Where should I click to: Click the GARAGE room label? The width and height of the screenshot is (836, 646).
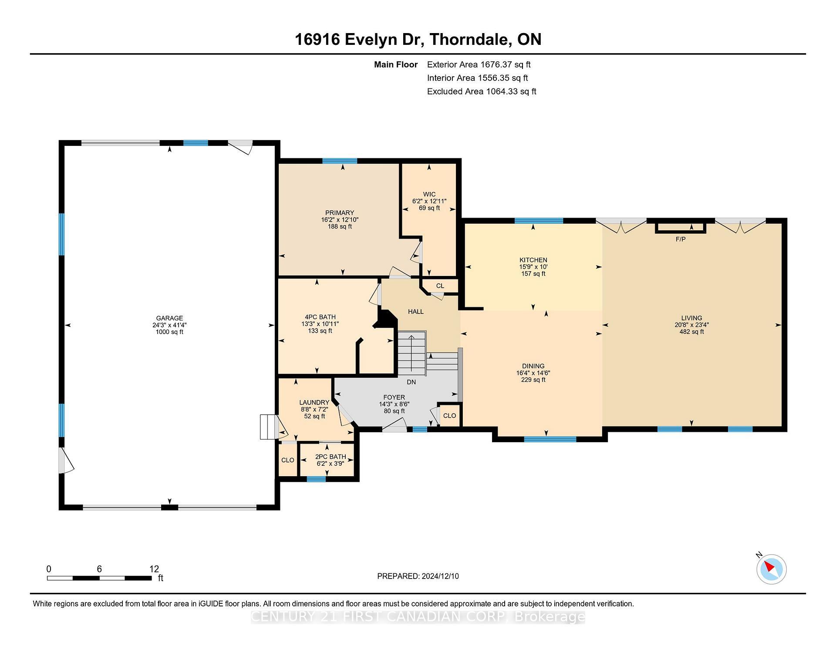click(169, 318)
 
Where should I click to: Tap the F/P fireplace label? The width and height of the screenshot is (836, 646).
click(680, 239)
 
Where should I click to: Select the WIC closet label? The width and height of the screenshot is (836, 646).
click(429, 195)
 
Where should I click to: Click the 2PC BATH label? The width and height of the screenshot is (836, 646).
click(330, 457)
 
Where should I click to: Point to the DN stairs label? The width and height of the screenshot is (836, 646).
click(411, 382)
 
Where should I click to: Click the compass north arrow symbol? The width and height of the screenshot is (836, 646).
click(771, 569)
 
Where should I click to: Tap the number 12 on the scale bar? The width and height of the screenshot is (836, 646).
click(154, 569)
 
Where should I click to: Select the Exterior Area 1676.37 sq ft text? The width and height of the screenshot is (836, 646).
click(479, 64)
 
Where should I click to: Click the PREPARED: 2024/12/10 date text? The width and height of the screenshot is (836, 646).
click(418, 576)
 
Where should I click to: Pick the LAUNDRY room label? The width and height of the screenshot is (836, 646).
click(314, 403)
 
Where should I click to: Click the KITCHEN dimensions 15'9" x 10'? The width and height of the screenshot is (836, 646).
click(533, 267)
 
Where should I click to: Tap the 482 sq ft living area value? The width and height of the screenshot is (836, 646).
click(691, 332)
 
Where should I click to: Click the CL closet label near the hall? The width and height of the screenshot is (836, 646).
click(440, 286)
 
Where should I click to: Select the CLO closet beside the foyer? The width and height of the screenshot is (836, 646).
click(449, 416)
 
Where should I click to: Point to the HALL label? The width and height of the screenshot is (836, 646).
click(415, 312)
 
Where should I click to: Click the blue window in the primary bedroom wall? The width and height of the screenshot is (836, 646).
click(340, 161)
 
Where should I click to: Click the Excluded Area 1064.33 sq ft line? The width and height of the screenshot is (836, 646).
click(481, 91)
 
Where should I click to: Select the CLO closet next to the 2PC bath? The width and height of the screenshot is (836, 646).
click(287, 460)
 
